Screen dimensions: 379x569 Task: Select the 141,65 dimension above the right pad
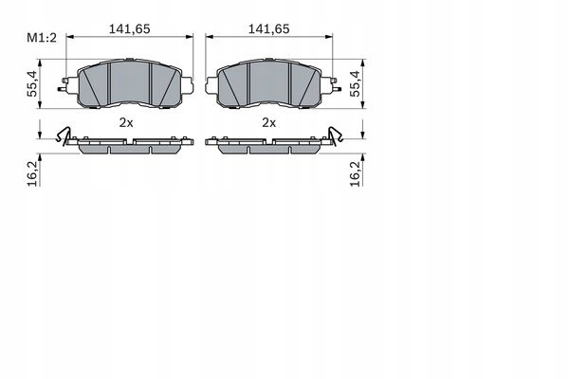(268, 29)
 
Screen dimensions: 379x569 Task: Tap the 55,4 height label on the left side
(32, 85)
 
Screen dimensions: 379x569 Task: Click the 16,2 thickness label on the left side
(32, 171)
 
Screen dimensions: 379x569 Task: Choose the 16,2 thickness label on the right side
(356, 171)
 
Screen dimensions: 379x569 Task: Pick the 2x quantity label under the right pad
(268, 123)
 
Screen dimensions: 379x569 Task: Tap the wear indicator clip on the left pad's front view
(64, 89)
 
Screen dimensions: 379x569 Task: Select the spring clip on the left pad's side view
(65, 136)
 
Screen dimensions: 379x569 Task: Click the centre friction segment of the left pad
(130, 83)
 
